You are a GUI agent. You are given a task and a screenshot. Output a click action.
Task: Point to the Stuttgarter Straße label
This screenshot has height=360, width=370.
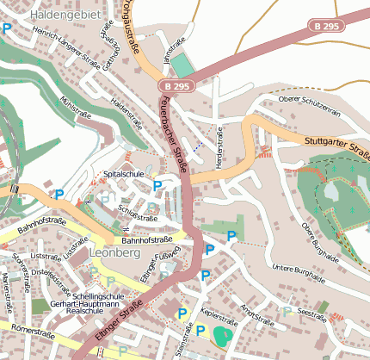click(x=336, y=146)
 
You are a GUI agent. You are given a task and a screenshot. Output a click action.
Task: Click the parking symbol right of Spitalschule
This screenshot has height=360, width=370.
click(x=157, y=185)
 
